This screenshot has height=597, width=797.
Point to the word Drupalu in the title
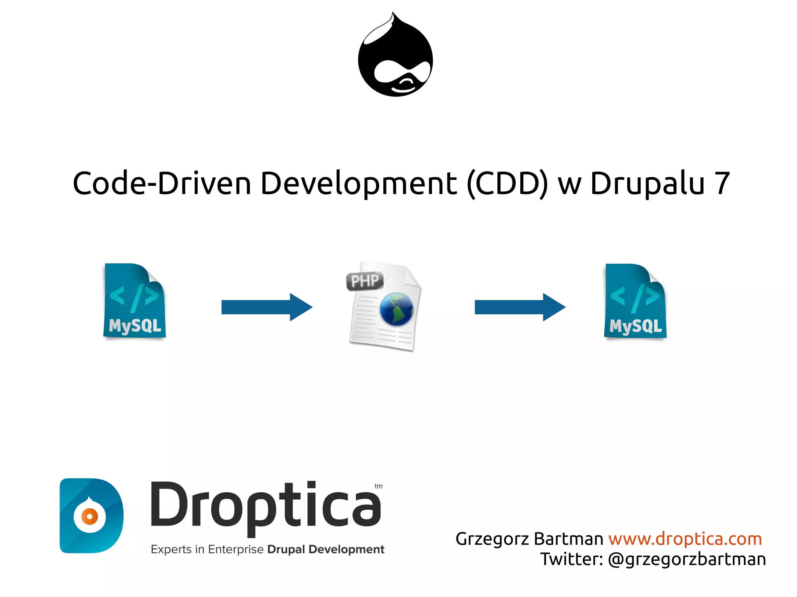tap(647, 183)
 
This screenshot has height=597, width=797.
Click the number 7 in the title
tap(722, 183)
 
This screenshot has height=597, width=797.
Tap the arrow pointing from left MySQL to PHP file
tap(267, 307)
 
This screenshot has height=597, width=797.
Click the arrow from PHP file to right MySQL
tap(520, 307)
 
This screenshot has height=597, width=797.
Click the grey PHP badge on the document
tap(365, 281)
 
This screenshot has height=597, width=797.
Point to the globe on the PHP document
tap(397, 309)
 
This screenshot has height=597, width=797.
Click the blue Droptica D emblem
tap(91, 515)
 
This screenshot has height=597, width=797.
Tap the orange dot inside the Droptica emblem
tap(90, 516)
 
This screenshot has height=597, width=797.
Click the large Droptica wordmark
tap(265, 506)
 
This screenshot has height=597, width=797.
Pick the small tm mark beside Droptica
tap(379, 486)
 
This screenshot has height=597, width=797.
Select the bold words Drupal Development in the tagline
tap(326, 549)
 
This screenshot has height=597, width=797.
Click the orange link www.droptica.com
tap(685, 539)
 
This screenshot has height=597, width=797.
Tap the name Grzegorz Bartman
tap(529, 539)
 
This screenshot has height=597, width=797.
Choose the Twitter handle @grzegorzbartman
tap(687, 559)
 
